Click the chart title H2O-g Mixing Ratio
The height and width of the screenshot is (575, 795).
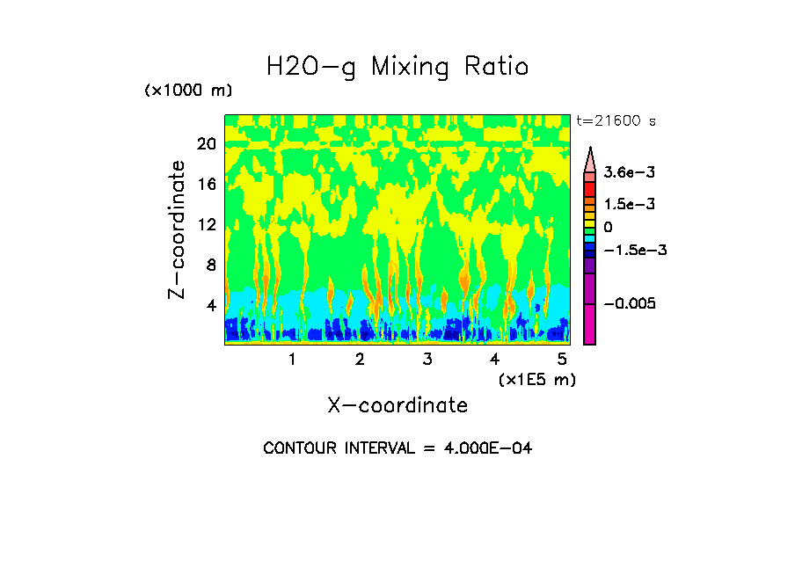[397, 67]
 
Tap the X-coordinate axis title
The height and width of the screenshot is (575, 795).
[397, 405]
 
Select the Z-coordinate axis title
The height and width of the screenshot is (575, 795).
[178, 229]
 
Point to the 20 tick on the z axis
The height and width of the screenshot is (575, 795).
[207, 143]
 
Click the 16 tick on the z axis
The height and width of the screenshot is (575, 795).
[207, 184]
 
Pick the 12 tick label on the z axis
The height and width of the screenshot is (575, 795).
[207, 224]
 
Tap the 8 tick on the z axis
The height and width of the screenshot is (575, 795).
[210, 265]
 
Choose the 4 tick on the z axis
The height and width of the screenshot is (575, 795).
[210, 305]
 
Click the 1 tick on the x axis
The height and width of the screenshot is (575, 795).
[292, 359]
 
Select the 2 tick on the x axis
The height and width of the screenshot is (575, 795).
[360, 359]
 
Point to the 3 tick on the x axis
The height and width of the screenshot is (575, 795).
[427, 359]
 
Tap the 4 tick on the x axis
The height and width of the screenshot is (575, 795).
[495, 359]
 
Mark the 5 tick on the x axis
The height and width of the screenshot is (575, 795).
[563, 359]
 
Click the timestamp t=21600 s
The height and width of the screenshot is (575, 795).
[616, 120]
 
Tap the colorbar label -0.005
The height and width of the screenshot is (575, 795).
[630, 303]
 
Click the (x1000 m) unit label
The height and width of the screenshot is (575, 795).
[188, 91]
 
